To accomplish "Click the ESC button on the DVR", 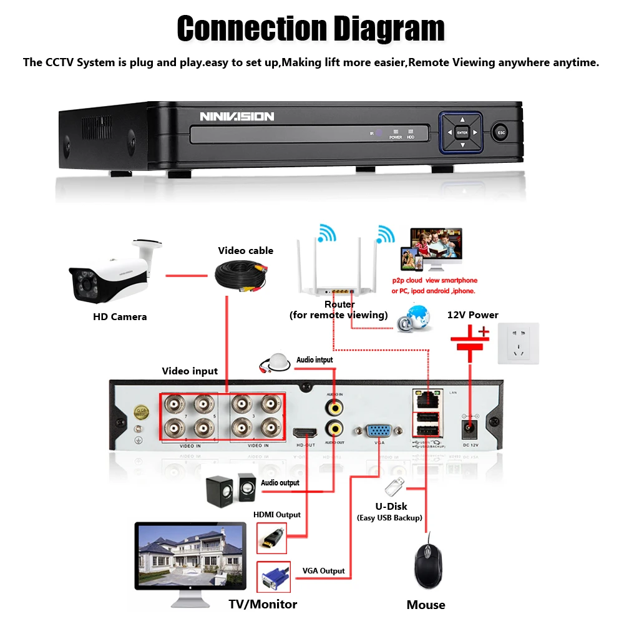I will [x=500, y=132].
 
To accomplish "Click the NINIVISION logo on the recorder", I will [x=236, y=116].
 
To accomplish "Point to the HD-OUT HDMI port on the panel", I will [x=305, y=433].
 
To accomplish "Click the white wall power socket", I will [x=517, y=343].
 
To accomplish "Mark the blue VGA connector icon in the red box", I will [x=273, y=577].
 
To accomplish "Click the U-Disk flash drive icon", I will [x=394, y=485].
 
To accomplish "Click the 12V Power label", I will [x=472, y=314].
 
